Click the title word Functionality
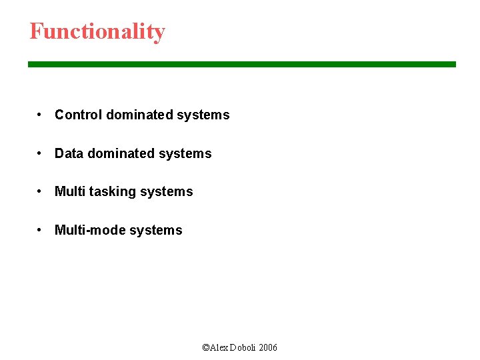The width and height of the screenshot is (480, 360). coord(97,31)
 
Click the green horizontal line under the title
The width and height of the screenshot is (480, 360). coord(241,65)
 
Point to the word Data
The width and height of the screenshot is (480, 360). coord(69,153)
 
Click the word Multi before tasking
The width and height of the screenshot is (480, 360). coord(69,191)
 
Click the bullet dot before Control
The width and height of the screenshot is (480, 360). coord(41,115)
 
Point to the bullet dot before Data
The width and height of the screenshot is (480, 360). coord(41,153)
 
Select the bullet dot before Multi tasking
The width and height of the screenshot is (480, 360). coord(41,191)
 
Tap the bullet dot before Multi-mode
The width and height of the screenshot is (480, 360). coord(41,230)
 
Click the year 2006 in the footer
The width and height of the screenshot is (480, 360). coord(268,347)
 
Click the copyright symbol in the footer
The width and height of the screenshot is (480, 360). coord(205,347)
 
